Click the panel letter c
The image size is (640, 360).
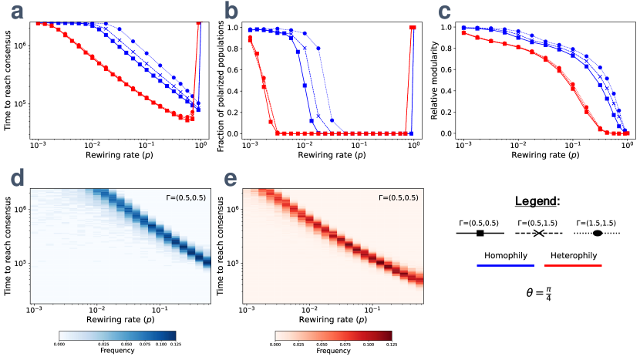point(444,11)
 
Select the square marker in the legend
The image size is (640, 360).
point(480,233)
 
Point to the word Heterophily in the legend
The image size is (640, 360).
point(573,255)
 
